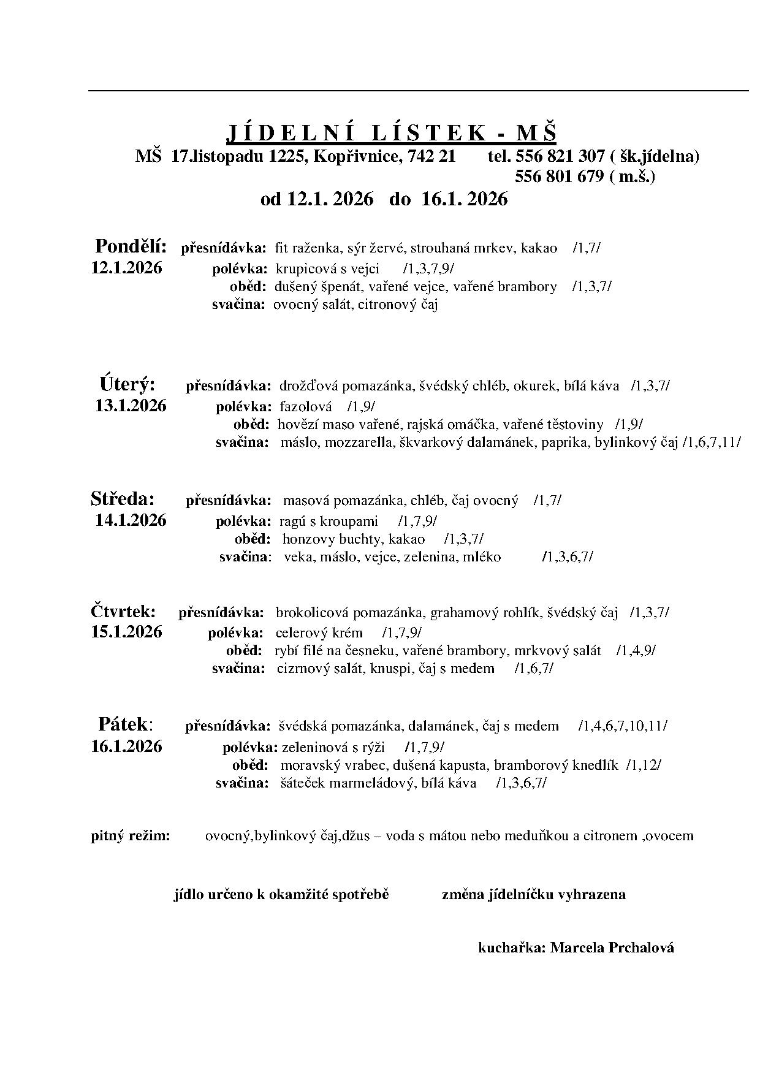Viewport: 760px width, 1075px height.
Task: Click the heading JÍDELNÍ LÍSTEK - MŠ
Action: coord(392,133)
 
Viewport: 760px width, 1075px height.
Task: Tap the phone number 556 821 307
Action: coord(560,156)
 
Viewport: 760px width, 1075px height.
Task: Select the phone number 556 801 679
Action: coord(560,177)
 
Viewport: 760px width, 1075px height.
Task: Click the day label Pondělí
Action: coord(131,246)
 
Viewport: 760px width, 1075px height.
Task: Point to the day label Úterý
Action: coord(127,384)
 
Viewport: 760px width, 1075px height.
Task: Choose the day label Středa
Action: coord(123,498)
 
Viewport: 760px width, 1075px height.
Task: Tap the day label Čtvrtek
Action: coord(123,611)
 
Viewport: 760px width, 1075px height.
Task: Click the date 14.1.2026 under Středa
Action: coord(131,520)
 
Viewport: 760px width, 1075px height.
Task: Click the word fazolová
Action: coord(305,406)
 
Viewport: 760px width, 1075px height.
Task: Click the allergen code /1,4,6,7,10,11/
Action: coord(623,726)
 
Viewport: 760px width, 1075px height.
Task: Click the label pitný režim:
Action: coord(131,835)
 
